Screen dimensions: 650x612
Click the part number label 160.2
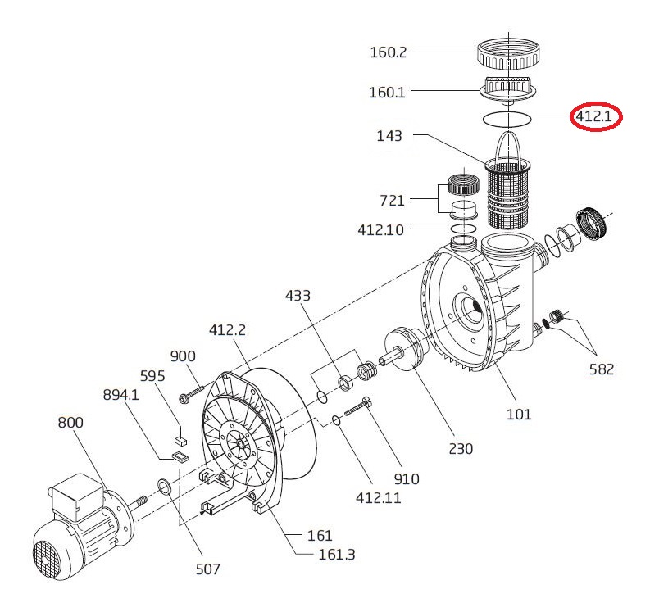click(x=388, y=52)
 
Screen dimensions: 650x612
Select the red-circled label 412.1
click(x=593, y=116)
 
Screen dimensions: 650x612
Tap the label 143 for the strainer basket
click(x=389, y=136)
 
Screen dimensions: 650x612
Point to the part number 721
click(x=392, y=201)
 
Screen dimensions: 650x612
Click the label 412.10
click(x=380, y=230)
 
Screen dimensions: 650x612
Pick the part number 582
click(x=601, y=369)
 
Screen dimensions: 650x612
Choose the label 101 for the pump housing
click(x=519, y=414)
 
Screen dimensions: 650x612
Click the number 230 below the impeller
click(x=461, y=448)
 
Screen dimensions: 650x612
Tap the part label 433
click(x=298, y=296)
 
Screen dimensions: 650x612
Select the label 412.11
click(x=379, y=497)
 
